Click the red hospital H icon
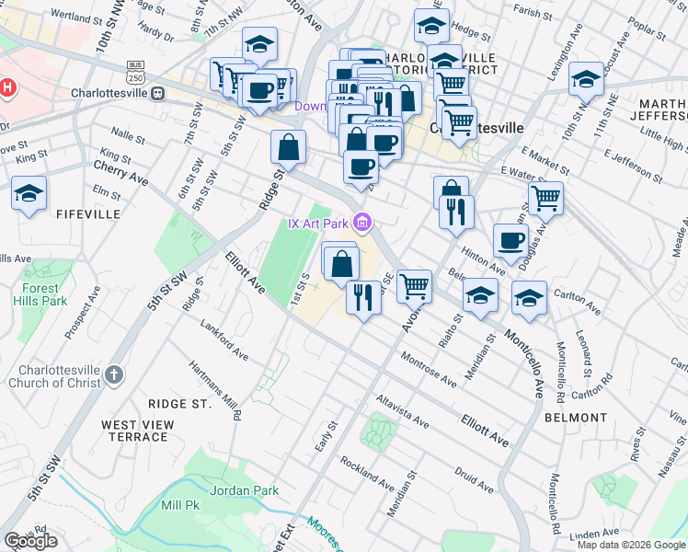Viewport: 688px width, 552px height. click(8, 88)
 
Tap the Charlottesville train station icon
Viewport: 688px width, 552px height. click(158, 93)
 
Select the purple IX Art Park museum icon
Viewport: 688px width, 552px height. click(363, 223)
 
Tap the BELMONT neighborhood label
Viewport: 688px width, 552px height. click(575, 418)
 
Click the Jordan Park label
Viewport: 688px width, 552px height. click(244, 490)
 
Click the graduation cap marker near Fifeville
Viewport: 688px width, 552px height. click(29, 194)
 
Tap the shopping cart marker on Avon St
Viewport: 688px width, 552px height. click(415, 286)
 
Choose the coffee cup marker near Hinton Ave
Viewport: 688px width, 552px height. click(511, 240)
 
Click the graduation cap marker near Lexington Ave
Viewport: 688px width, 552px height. click(586, 79)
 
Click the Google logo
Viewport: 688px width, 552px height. click(30, 541)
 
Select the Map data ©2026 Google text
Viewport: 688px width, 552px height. click(631, 545)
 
